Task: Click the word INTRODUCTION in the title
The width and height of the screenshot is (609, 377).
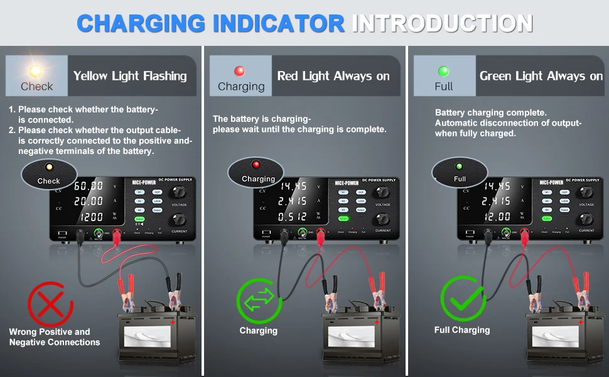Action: (x=442, y=23)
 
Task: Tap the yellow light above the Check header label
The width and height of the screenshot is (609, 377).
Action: (x=36, y=71)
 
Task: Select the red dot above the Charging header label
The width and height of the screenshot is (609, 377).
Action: (x=239, y=71)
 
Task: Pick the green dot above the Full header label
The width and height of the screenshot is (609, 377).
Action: (x=443, y=71)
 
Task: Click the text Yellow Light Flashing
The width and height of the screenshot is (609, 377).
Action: (x=130, y=76)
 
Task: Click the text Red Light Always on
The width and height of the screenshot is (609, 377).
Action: (x=333, y=76)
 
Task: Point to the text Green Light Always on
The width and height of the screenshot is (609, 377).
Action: (x=541, y=76)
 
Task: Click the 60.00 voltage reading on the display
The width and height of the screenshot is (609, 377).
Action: (x=89, y=186)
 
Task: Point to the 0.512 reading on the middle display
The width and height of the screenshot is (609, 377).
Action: (x=293, y=217)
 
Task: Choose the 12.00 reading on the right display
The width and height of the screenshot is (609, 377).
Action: (x=497, y=217)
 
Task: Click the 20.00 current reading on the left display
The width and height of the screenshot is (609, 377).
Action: (x=89, y=201)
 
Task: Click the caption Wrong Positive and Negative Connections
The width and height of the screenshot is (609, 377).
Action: (x=54, y=337)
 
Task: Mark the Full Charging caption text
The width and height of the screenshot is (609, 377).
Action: (x=462, y=330)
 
